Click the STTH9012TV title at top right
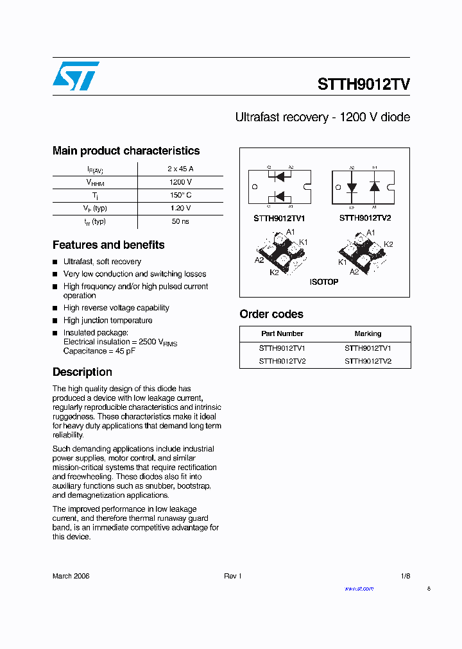point(364,85)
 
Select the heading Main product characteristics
point(126,151)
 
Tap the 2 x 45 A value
point(180,169)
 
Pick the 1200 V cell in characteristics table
point(180,182)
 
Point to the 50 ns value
point(180,221)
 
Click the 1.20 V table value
point(180,208)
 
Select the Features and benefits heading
point(108,245)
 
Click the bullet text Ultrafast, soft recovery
point(102,262)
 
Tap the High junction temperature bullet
point(108,320)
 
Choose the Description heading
point(82,372)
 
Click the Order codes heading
point(271,314)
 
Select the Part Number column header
point(282,333)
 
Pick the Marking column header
point(368,333)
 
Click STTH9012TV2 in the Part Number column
point(282,361)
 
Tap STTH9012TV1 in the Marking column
point(368,348)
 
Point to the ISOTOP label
point(324,282)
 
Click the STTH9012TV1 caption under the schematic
point(280,218)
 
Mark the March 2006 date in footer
point(71,576)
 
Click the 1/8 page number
point(405,576)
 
